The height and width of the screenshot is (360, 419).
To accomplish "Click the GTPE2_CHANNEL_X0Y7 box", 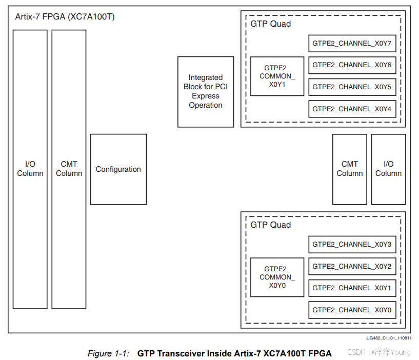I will pos(352,43).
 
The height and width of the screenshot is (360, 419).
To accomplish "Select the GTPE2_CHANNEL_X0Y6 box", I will pos(352,65).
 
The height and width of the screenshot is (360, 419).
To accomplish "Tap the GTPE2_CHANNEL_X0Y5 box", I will pos(352,87).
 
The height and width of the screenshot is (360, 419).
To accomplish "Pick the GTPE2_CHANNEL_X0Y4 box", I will pos(352,109).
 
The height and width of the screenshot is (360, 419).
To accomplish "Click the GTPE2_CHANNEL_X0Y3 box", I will pos(352,245).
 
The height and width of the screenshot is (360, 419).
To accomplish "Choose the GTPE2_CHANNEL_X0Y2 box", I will pos(352,266).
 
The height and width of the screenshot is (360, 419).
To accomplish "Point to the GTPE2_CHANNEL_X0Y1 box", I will pos(352,288).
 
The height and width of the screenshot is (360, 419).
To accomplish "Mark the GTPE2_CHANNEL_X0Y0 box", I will pos(352,310).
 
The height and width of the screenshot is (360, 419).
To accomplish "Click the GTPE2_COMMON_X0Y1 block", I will pos(277,76).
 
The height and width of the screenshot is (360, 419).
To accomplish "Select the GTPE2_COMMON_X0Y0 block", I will pos(277,277).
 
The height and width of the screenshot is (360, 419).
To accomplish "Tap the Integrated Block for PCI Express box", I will pos(205,92).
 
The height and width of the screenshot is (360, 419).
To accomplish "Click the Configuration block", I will pos(118,169).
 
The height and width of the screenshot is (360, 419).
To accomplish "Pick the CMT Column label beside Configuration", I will pos(69,169).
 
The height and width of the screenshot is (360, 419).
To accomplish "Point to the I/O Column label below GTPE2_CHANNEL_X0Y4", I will pos(388,169).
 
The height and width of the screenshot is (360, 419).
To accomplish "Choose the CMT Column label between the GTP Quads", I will pos(350,169).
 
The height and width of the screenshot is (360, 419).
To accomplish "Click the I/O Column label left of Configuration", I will pos(30,169).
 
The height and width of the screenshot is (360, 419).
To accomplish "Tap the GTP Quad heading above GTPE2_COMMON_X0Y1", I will pos(270,24).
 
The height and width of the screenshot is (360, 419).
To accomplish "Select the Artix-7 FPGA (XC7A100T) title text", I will pos(65,17).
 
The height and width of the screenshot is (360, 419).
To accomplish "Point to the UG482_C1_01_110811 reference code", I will pos(389,338).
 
